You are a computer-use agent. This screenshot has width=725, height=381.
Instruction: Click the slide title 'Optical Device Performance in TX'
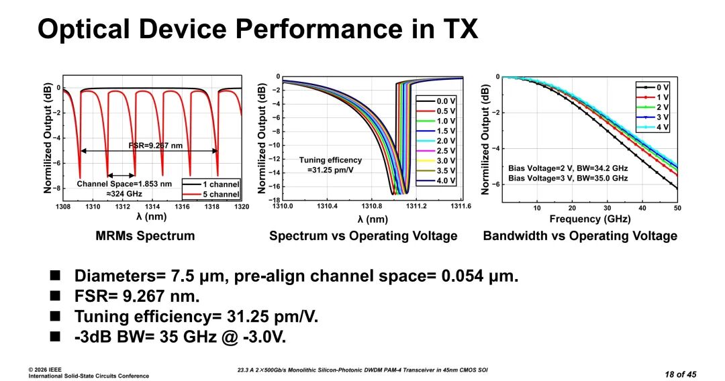point(257,29)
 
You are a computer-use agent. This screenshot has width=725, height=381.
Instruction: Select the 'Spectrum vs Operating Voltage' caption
point(363,235)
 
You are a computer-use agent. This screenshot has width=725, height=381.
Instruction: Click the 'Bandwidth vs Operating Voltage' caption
point(580,235)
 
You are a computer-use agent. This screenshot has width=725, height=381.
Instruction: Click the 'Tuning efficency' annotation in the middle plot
point(330,160)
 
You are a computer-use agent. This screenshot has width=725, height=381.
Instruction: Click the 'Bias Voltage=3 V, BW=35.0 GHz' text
point(568,178)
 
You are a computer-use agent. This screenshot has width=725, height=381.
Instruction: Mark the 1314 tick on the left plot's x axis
point(152,207)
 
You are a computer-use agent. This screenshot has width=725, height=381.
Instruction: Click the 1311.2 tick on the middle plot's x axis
point(416,207)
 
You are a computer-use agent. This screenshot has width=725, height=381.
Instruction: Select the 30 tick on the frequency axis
point(607,208)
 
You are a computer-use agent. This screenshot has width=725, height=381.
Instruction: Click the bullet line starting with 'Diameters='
point(296,276)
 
